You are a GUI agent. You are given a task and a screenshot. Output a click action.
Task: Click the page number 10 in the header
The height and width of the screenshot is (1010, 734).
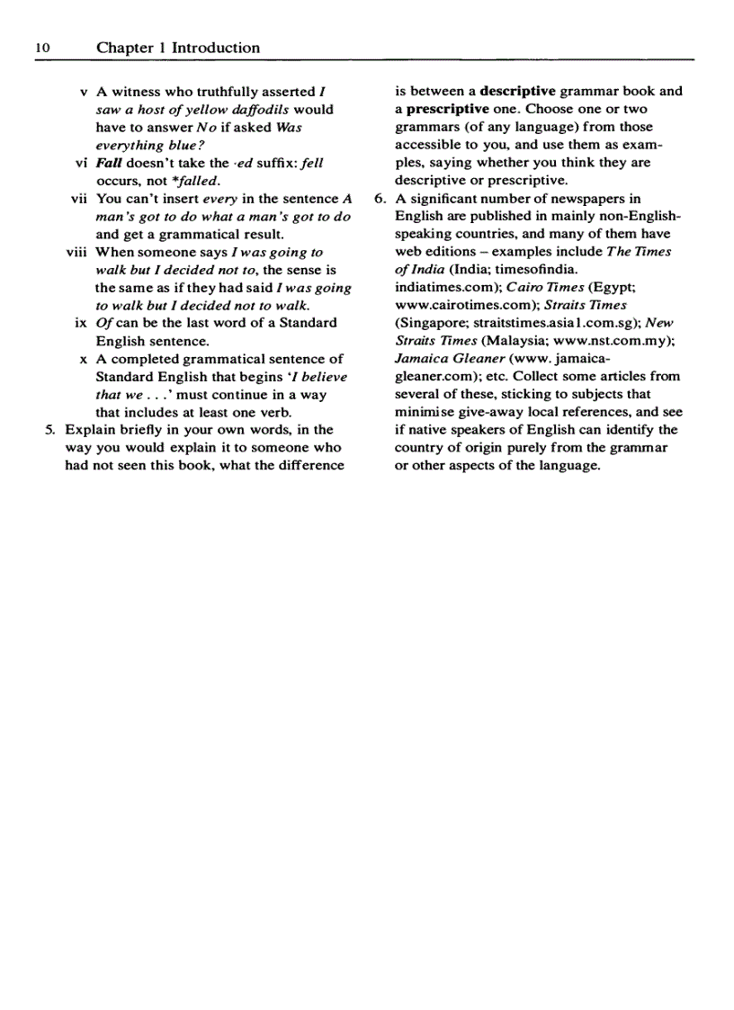point(43,49)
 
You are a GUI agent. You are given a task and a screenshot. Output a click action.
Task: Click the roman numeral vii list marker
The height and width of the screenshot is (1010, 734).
point(78,199)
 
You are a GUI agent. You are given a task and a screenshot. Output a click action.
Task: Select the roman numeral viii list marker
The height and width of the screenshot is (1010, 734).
point(76,252)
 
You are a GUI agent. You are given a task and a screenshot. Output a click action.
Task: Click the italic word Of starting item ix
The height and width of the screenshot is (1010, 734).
point(104,323)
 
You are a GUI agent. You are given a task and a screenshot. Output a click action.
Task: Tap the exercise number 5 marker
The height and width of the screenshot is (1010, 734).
point(50,430)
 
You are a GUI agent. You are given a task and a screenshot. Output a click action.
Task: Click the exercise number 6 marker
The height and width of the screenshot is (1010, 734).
point(380,199)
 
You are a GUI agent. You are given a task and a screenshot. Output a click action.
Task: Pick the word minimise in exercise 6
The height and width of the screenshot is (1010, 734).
point(428,412)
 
